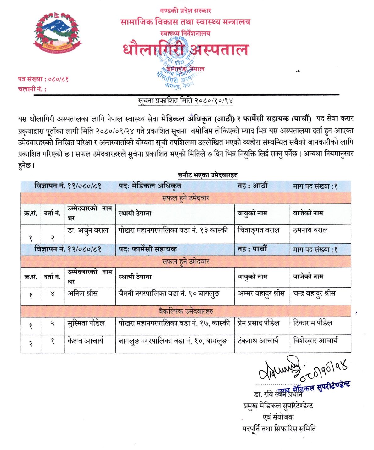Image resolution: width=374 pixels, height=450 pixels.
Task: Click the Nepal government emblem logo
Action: click(57, 32)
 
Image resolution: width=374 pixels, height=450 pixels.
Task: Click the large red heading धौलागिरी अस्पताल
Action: click(186, 50)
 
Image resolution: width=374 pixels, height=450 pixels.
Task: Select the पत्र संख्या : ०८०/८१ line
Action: click(43, 79)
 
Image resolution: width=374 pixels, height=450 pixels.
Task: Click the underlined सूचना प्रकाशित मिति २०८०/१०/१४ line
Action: click(186, 101)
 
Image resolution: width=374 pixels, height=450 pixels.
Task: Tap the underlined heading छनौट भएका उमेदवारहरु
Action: click(208, 175)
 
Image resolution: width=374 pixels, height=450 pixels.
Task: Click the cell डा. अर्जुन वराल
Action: click(88, 231)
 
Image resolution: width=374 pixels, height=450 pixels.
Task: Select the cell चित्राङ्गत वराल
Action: click(258, 230)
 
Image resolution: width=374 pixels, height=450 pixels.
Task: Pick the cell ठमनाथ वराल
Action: click(310, 230)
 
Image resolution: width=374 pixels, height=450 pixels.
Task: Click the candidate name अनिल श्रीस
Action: click(83, 293)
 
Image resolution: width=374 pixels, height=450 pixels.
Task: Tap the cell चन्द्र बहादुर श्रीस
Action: click(314, 293)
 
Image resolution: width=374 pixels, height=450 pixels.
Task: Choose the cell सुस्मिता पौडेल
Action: click(86, 323)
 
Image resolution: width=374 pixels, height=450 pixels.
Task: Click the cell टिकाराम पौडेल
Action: click(313, 323)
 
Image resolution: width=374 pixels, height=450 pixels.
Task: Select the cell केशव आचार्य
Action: click(85, 340)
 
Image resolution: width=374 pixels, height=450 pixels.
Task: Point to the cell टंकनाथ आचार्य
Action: click(258, 340)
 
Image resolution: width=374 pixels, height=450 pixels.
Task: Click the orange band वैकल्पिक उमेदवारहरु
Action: click(186, 311)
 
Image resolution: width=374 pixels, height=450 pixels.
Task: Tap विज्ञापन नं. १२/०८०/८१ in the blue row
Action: click(68, 249)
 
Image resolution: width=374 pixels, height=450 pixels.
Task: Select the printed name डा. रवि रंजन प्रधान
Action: click(278, 394)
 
